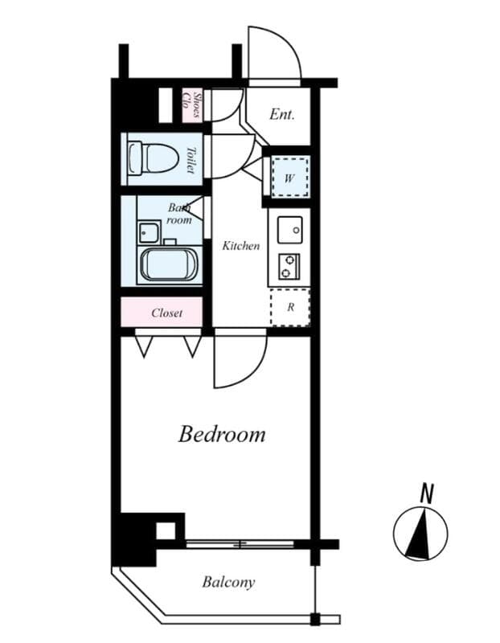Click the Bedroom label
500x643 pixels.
(x=221, y=435)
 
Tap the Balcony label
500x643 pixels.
(x=228, y=582)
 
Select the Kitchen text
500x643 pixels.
(x=240, y=246)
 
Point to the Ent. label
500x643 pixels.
(x=281, y=115)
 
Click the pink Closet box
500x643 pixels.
(x=166, y=313)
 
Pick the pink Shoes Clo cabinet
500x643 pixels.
(x=191, y=106)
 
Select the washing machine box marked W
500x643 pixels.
(x=288, y=178)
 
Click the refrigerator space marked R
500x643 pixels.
(x=289, y=306)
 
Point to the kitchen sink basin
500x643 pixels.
(x=289, y=230)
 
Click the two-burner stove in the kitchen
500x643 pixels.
(x=289, y=265)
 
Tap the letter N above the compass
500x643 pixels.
(x=427, y=493)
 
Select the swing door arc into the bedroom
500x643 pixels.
(x=241, y=362)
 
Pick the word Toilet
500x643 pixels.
(x=191, y=159)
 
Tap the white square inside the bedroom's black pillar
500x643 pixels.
(x=165, y=530)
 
